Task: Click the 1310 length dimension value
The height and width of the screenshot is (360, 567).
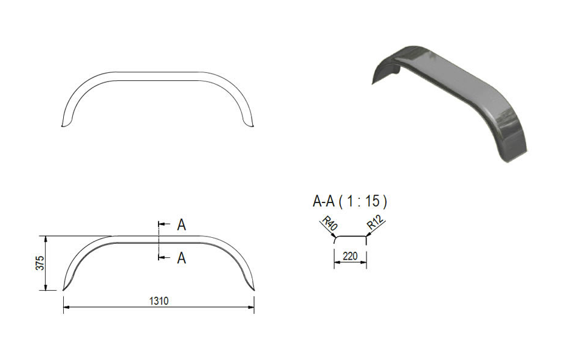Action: pos(159,300)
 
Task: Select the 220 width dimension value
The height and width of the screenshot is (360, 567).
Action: pos(350,256)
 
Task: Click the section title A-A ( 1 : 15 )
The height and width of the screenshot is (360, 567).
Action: pos(349,201)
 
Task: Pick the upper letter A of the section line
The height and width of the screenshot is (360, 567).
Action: pos(181,225)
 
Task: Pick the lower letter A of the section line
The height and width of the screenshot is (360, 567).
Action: pos(181,258)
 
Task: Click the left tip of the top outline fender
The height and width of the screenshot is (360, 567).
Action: pos(63,126)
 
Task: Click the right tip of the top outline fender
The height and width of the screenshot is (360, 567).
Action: pos(254,126)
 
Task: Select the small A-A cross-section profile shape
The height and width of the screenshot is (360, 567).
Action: pos(350,238)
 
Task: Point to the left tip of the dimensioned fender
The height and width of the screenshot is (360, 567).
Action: pos(63,290)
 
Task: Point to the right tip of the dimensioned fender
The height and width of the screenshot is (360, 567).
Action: pos(254,290)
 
